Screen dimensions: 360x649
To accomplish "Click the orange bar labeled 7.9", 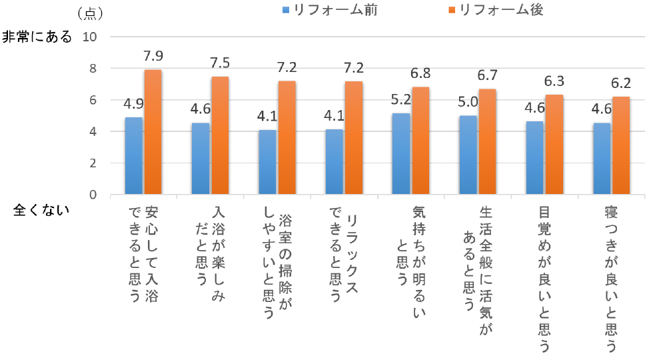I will tap(153, 132).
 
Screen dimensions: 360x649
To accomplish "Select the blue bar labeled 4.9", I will tap(133, 156).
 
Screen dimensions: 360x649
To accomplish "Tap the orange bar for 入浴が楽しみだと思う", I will tap(219, 135).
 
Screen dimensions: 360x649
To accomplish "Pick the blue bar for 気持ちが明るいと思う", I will tap(400, 154).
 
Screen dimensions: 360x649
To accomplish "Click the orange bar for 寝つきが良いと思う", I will tap(620, 145).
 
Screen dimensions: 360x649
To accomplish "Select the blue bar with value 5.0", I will tap(468, 155).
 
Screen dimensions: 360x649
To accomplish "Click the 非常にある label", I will tap(37, 37).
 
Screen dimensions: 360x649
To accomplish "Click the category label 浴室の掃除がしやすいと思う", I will tap(277, 263).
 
